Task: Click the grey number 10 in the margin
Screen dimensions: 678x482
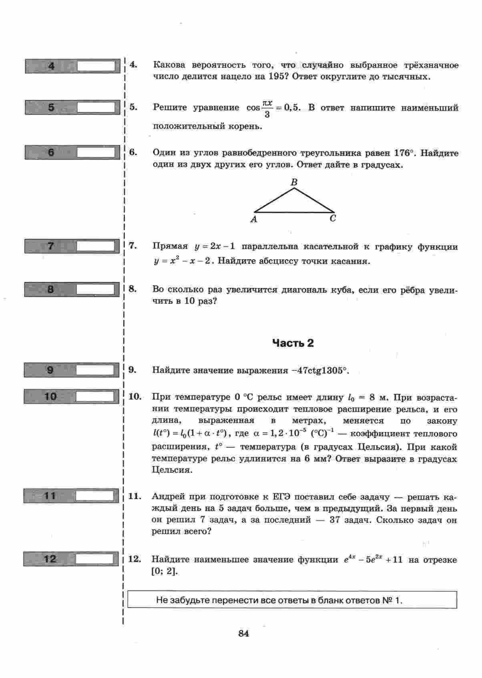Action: tap(50, 397)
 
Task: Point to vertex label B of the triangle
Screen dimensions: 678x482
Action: tap(294, 182)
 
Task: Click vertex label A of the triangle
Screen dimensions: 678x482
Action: tap(254, 219)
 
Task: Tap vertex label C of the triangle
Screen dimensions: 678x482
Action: tap(333, 218)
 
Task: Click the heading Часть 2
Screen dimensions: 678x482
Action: tap(293, 343)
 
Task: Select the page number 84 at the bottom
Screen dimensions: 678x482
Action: tap(244, 634)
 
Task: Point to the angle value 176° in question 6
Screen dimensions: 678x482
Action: tap(404, 153)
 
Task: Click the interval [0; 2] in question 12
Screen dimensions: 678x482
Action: tap(165, 571)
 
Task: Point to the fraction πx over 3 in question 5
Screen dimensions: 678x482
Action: tap(267, 108)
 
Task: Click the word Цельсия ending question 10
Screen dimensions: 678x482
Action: tap(172, 470)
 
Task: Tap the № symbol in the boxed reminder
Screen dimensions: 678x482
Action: tap(389, 600)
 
